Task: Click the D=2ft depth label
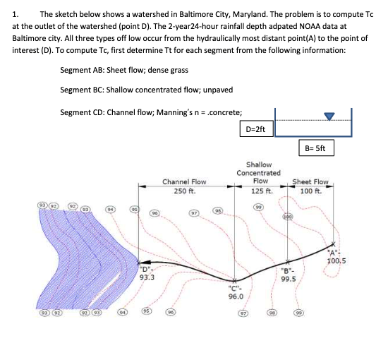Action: (x=255, y=130)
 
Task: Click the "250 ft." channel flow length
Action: (x=184, y=191)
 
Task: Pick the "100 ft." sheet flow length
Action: (x=310, y=191)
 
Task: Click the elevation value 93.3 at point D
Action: (x=147, y=277)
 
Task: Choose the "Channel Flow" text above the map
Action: (x=184, y=182)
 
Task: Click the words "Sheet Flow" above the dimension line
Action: (x=310, y=182)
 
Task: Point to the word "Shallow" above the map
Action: (x=259, y=164)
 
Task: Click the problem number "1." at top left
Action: (x=16, y=13)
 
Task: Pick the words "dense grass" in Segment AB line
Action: (x=167, y=69)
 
